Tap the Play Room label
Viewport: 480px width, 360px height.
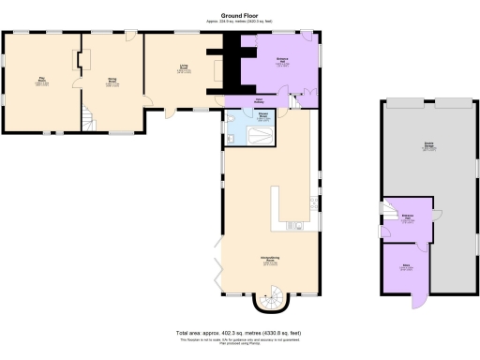43,81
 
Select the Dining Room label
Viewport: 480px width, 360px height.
112,81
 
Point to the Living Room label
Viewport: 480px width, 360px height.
185,67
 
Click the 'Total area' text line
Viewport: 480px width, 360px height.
239,333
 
